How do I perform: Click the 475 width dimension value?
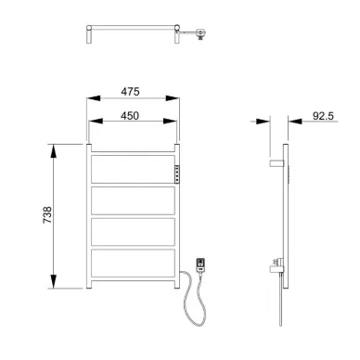tap(130, 92)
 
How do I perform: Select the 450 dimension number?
tap(130, 116)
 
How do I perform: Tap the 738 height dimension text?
tap(47, 215)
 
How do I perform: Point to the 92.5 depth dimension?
tap(323, 116)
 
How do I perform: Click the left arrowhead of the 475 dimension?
tap(94, 98)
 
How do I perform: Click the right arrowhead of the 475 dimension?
tap(173, 98)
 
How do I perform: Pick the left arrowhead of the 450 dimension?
tap(96, 121)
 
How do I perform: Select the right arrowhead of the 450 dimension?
tap(170, 121)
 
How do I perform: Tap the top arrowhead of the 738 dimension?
tap(54, 151)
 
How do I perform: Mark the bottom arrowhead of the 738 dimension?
tap(54, 281)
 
